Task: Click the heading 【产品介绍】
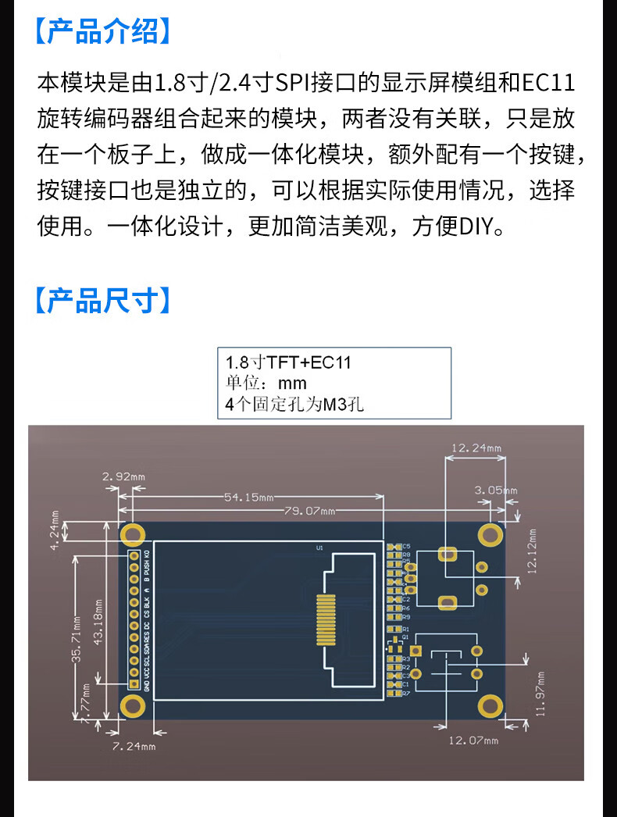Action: coord(102,32)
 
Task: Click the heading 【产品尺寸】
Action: coord(102,300)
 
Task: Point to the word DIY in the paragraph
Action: coord(476,227)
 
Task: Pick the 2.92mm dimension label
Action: coord(123,476)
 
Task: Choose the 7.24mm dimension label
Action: coord(134,747)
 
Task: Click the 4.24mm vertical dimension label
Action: coord(55,531)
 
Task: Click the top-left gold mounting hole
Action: coord(133,535)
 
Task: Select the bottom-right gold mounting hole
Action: coord(490,705)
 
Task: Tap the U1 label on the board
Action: coord(319,548)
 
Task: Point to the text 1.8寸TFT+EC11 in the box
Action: coord(288,363)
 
